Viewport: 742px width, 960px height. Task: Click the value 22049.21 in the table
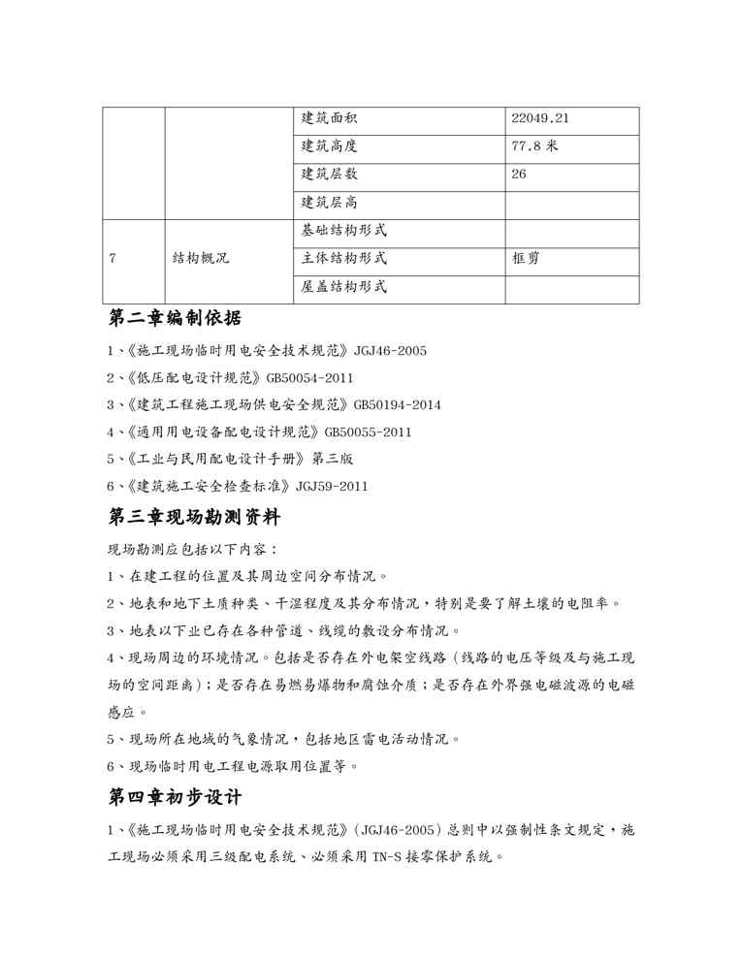pos(539,119)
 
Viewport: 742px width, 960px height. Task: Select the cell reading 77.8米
pos(534,147)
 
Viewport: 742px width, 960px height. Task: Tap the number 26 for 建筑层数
pos(519,176)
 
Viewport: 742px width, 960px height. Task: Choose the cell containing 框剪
pos(526,260)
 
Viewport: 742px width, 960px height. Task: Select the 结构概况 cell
pos(202,260)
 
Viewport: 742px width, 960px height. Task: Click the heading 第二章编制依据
pos(175,320)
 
